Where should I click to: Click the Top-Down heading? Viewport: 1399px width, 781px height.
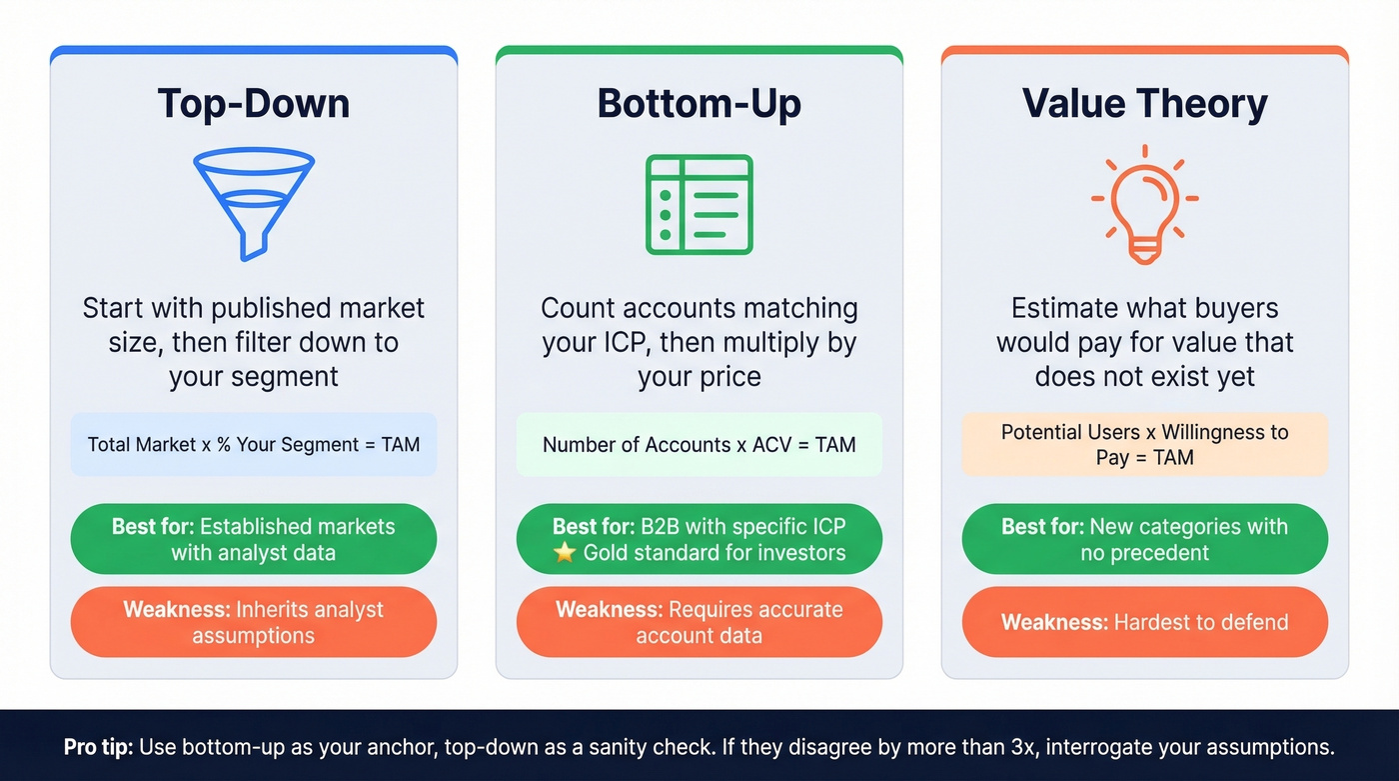tap(254, 104)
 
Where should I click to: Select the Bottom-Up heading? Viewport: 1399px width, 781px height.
tap(699, 104)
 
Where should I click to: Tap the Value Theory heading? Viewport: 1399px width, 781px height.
tap(1144, 104)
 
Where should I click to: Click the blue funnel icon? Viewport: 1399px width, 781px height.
tap(254, 203)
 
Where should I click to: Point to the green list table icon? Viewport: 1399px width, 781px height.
tap(699, 204)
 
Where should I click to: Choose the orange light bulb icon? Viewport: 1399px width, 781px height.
tap(1144, 205)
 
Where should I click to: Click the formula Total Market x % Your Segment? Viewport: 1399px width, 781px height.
tap(254, 444)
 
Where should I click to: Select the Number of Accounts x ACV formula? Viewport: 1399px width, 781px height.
tap(699, 444)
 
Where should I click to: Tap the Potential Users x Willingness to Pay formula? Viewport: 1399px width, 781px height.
tap(1144, 445)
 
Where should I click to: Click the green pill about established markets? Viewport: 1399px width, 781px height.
tap(254, 539)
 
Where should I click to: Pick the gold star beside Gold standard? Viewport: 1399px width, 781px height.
tap(565, 553)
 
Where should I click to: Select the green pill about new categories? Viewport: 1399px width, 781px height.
tap(1144, 539)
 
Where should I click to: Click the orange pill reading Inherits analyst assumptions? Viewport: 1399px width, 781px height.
tap(254, 622)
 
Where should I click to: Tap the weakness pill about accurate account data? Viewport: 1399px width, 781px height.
tap(699, 622)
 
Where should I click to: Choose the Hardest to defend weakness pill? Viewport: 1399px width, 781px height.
tap(1144, 622)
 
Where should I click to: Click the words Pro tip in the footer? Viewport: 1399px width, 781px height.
tap(98, 747)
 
